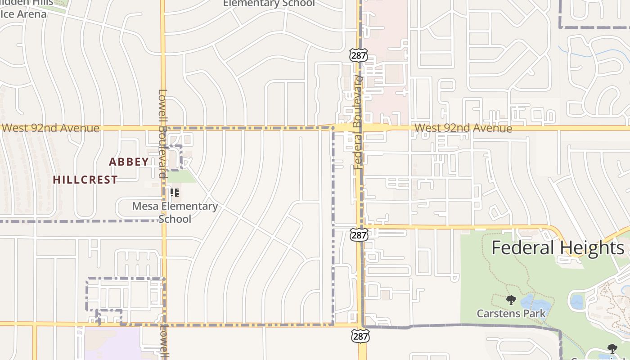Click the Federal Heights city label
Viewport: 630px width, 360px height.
(558, 248)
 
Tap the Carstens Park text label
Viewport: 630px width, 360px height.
(511, 313)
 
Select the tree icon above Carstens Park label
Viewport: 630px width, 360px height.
(511, 300)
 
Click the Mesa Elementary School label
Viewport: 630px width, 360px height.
(175, 212)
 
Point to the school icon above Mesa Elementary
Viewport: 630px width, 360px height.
(175, 193)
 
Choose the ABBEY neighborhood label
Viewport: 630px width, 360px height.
(129, 162)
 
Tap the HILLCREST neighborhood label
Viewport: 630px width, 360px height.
(85, 180)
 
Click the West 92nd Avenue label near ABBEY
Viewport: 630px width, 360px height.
(50, 128)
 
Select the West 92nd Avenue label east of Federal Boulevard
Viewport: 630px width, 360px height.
(463, 128)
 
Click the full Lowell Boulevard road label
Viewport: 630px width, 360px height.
(162, 134)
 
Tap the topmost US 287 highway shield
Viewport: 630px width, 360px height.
(358, 55)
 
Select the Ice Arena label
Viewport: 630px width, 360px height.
(23, 14)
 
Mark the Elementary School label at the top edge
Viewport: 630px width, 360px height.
(269, 4)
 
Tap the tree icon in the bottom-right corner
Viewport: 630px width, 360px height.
(612, 348)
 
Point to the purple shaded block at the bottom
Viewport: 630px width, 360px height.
(112, 344)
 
